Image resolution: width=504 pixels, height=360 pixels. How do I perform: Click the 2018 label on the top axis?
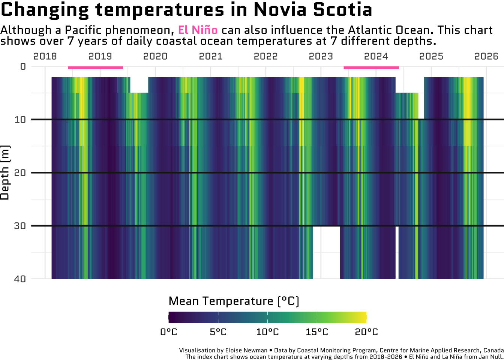45,56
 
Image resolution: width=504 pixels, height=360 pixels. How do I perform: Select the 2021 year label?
210,56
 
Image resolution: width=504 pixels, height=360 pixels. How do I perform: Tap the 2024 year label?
376,56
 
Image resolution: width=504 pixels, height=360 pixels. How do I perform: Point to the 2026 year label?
486,56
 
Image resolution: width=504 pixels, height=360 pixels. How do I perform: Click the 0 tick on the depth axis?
23,67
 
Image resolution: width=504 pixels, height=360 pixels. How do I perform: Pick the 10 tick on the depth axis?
20,120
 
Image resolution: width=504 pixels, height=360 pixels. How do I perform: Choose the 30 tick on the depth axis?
20,226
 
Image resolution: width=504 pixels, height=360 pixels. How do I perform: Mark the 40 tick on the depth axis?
20,279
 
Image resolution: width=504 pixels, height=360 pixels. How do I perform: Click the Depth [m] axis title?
5,172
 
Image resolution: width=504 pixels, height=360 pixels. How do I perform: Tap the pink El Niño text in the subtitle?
198,30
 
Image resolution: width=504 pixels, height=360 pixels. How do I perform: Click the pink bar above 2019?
95,67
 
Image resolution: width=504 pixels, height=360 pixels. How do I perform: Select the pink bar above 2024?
371,67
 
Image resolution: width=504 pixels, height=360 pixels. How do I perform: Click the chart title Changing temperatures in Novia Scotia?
186,10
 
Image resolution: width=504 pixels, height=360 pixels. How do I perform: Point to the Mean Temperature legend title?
234,301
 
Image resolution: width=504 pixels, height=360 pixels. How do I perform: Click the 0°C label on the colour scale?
169,332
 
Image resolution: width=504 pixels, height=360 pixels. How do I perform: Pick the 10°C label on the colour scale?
267,332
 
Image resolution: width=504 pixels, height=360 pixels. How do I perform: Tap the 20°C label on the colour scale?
366,332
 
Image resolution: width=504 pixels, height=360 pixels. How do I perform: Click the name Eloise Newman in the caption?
246,350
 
